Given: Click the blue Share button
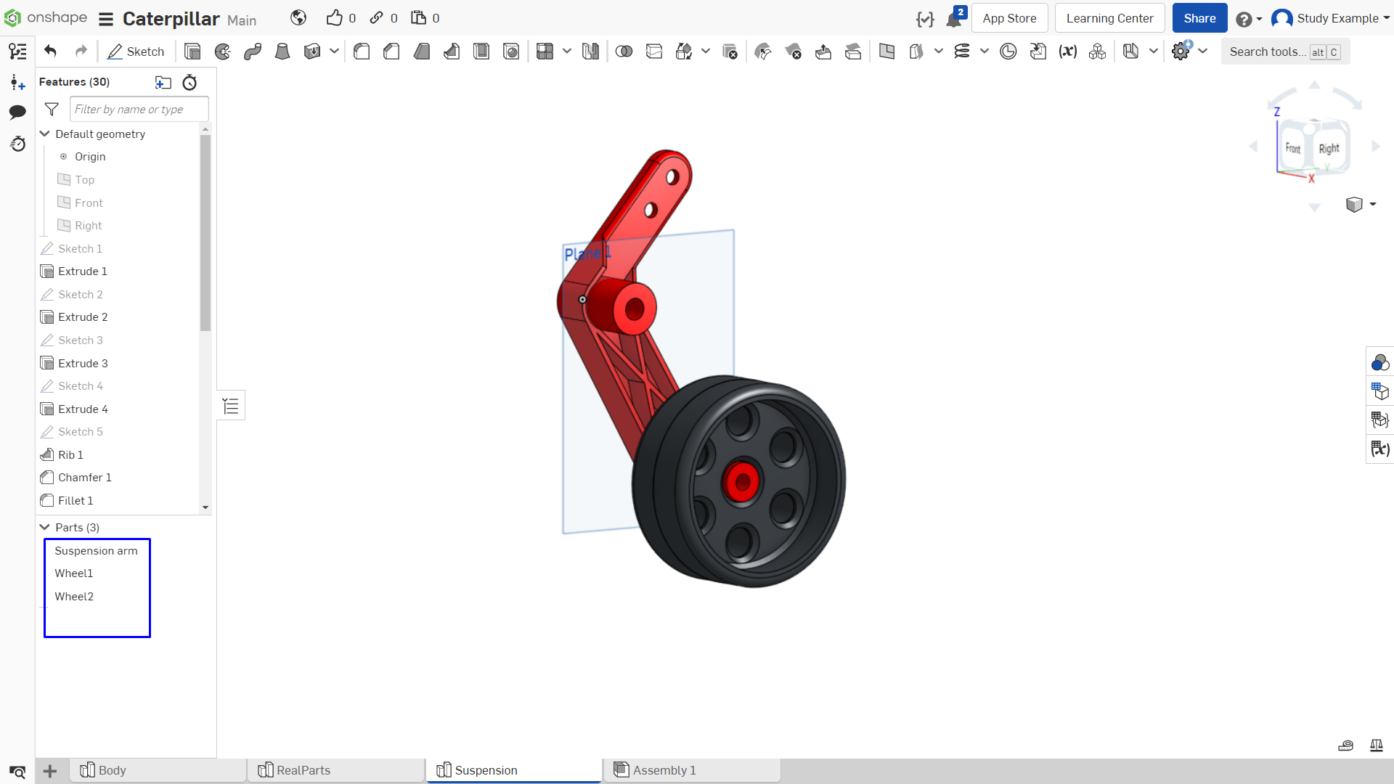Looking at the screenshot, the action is click(1199, 18).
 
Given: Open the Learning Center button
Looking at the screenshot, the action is click(1109, 18).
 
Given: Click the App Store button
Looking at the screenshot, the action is click(1009, 18).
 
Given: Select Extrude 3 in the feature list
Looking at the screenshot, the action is click(83, 363).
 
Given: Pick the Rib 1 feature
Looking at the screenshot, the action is click(70, 454).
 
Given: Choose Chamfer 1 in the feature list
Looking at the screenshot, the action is click(84, 477).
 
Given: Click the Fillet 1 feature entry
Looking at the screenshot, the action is click(76, 500).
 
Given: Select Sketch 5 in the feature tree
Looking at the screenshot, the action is click(80, 431).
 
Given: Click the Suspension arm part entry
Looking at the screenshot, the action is click(96, 550).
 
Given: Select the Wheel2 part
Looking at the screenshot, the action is click(74, 596).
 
